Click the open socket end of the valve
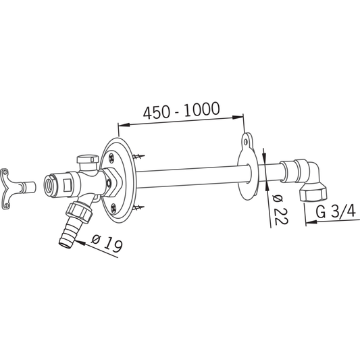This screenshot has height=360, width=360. (x=50, y=183)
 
